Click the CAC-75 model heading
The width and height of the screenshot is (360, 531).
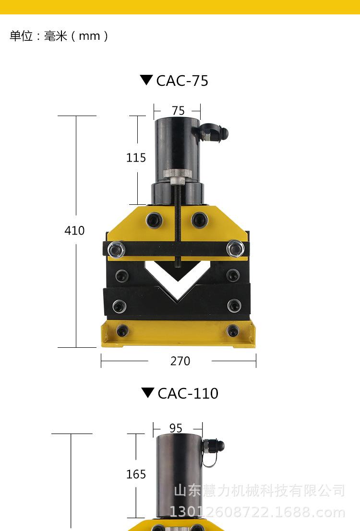tap(182, 81)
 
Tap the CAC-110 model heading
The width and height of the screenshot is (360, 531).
tap(188, 393)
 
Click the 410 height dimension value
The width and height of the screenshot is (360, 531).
tap(74, 230)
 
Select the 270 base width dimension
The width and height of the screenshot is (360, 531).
tap(180, 361)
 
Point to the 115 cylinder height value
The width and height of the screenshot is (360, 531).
tap(136, 157)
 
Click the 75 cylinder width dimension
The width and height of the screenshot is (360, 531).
tap(178, 111)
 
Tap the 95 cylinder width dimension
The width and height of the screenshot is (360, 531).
tap(176, 428)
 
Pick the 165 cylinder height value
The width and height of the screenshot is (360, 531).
tap(136, 474)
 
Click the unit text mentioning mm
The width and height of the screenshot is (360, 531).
tap(59, 36)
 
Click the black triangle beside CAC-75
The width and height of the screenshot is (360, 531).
tap(146, 80)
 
